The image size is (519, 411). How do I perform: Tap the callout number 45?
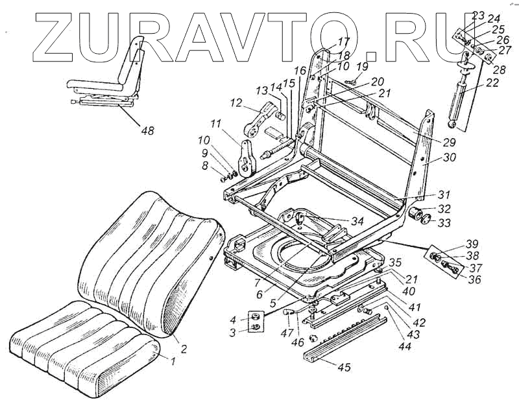(x=343, y=368)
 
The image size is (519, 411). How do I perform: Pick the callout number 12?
(x=235, y=102)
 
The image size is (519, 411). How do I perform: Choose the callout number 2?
(x=184, y=349)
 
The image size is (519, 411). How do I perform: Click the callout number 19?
(x=362, y=66)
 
